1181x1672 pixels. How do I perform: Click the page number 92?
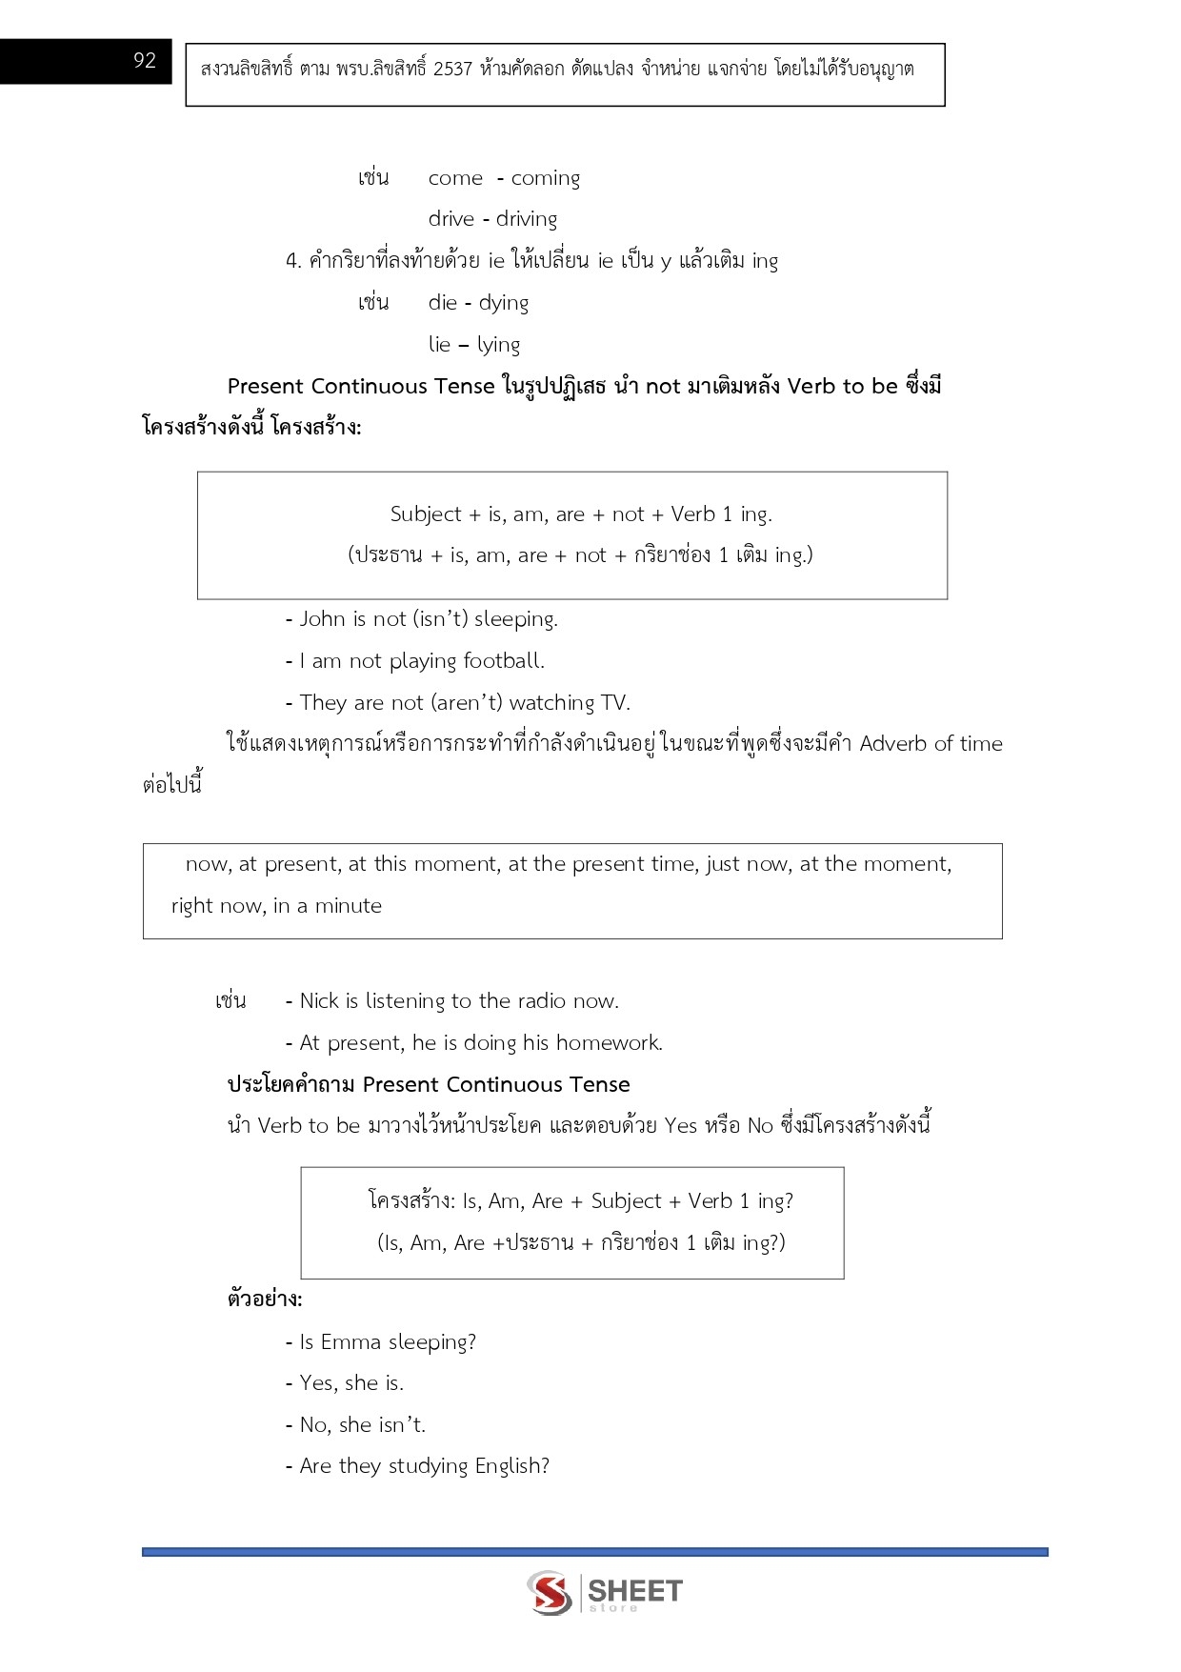coord(145,61)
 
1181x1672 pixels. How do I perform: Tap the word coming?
coord(545,179)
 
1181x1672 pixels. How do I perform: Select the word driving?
coord(526,220)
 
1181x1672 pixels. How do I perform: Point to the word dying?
coord(503,304)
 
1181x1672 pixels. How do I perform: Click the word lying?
coord(498,346)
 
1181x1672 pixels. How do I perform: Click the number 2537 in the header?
coord(452,70)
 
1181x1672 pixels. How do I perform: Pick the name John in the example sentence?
coord(322,619)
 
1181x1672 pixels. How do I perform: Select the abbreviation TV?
coord(614,703)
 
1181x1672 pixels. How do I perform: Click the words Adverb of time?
coord(931,744)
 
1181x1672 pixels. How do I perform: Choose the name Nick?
coord(319,1001)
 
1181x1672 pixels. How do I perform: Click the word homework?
coord(609,1043)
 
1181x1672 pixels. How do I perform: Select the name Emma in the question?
coord(350,1342)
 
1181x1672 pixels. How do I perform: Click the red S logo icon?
coord(550,1592)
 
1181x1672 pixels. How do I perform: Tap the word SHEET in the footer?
coord(635,1590)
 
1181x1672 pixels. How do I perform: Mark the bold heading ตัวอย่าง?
coord(265,1299)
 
